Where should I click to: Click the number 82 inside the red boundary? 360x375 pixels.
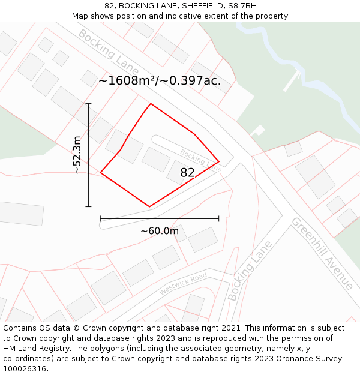187,173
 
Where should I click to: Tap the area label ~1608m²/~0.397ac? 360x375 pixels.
160,80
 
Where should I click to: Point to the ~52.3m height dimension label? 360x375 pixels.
77,155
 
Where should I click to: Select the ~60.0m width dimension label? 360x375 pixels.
160,231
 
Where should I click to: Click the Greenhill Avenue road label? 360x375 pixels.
322,253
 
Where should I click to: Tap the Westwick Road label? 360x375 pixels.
183,283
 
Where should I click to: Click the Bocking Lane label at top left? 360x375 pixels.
104,50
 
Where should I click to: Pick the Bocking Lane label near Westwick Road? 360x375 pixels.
250,271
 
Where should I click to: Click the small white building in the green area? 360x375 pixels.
259,130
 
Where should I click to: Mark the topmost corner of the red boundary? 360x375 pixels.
150,104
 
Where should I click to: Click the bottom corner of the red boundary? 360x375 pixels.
149,207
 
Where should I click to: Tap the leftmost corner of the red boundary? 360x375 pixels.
100,173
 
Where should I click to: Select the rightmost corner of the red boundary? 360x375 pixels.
218,161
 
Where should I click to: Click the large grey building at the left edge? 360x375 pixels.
20,213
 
